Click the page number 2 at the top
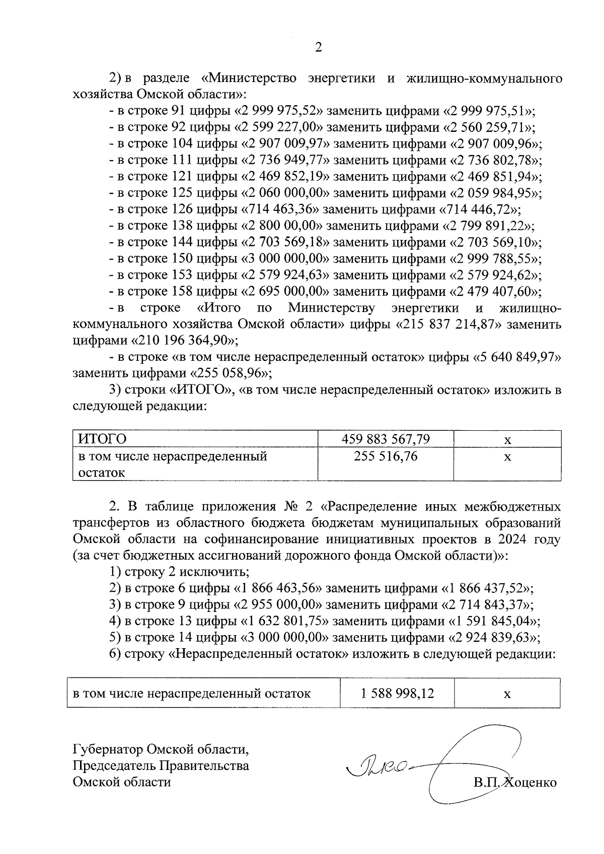click(318, 47)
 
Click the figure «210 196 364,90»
click(183, 341)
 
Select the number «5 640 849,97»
click(518, 357)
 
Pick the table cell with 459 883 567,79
click(386, 439)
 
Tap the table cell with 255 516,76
click(386, 456)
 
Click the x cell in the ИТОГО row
click(507, 440)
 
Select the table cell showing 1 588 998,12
click(397, 694)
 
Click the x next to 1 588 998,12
click(507, 694)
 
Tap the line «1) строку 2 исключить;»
click(180, 572)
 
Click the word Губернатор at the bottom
click(108, 750)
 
